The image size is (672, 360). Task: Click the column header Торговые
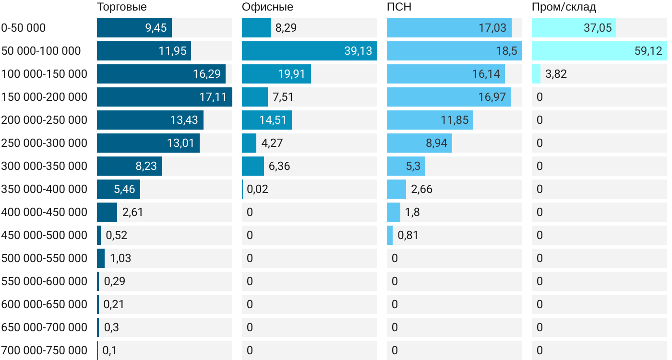tap(122, 7)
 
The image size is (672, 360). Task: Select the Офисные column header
tap(267, 7)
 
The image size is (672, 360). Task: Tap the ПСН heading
tap(399, 7)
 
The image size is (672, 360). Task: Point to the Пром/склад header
tap(564, 7)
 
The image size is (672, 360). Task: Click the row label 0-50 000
tap(24, 28)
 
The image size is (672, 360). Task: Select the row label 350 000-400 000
tap(44, 189)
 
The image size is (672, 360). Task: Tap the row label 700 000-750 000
tap(44, 350)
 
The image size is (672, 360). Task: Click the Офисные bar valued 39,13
tap(309, 51)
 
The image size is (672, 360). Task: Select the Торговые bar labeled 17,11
tap(164, 97)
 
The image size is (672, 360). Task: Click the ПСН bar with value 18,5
tap(454, 51)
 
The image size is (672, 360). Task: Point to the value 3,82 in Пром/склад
tap(556, 74)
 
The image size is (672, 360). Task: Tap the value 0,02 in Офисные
tap(257, 189)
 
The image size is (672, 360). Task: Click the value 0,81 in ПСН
tap(408, 235)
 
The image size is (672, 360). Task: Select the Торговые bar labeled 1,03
tap(101, 258)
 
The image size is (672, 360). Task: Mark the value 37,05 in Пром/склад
tap(598, 28)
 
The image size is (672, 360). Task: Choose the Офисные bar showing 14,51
tap(266, 120)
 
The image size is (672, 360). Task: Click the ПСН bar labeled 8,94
tap(419, 143)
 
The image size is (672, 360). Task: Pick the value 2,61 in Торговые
tap(133, 212)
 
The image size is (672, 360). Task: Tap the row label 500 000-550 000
tap(44, 258)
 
